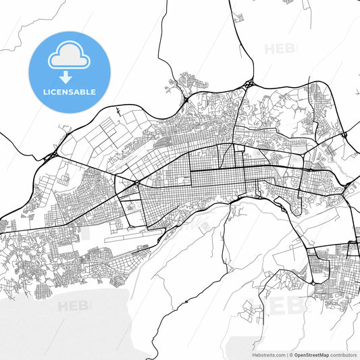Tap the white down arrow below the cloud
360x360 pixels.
[x=69, y=78]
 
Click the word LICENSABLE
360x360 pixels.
[x=69, y=92]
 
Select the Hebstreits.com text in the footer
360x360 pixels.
[x=267, y=355]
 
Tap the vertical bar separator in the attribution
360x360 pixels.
[x=288, y=355]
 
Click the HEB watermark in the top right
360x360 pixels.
[x=279, y=49]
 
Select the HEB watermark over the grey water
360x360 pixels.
[x=72, y=307]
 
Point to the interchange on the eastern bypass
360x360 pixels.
[x=344, y=135]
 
